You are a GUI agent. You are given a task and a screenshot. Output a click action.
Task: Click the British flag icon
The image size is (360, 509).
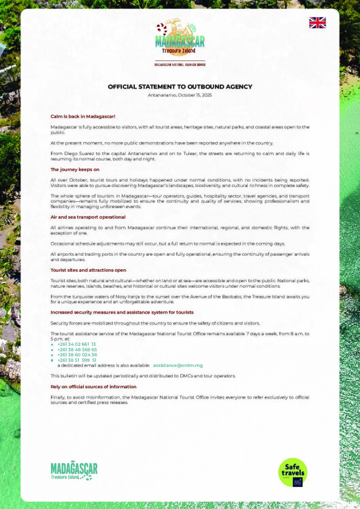click(x=317, y=23)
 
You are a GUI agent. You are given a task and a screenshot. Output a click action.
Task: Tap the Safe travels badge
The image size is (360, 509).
click(x=293, y=472)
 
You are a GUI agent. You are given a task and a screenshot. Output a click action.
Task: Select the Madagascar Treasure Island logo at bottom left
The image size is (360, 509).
click(x=74, y=471)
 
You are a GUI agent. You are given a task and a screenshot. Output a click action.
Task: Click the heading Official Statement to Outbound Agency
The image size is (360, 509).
click(x=180, y=87)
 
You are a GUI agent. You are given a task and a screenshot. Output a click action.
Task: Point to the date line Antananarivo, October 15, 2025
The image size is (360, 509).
click(x=180, y=95)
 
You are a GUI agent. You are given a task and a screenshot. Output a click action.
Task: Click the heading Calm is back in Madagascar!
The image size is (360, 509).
click(x=83, y=116)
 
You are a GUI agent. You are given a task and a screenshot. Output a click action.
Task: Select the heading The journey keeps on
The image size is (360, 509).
click(x=75, y=169)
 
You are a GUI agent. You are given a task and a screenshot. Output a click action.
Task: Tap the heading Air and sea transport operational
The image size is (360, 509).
click(x=88, y=217)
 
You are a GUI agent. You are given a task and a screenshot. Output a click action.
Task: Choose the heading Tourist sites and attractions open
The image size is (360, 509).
click(x=88, y=270)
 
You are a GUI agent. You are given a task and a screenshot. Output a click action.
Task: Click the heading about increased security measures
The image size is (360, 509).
click(x=122, y=312)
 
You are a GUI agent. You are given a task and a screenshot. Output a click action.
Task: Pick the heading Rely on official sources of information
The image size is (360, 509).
click(x=93, y=387)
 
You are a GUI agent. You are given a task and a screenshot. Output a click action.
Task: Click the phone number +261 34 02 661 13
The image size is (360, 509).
click(x=77, y=344)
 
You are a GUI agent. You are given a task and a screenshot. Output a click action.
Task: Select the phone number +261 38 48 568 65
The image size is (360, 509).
click(x=77, y=350)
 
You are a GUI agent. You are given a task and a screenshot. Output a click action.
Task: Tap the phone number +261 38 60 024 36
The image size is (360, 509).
click(x=77, y=355)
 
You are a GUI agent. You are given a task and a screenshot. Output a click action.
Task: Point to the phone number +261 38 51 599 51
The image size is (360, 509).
click(x=77, y=360)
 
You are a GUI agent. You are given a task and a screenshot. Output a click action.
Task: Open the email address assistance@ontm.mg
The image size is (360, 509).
click(x=178, y=365)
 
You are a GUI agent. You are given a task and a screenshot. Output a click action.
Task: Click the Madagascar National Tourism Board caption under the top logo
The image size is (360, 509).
click(x=180, y=65)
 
